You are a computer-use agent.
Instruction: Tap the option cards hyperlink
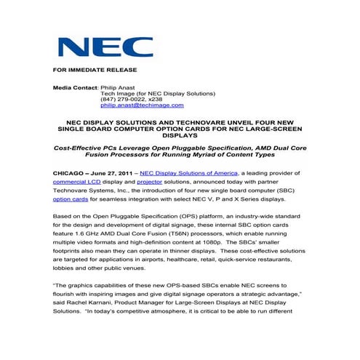coord(72,199)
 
